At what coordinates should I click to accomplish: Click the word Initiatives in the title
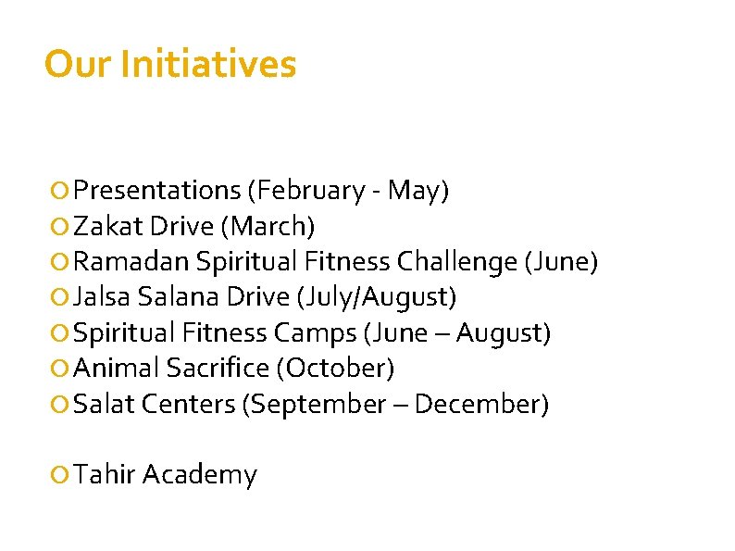[x=208, y=65]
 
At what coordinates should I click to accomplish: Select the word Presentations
[x=157, y=191]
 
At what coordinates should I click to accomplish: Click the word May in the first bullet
[x=416, y=191]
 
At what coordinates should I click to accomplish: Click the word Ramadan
[x=131, y=262]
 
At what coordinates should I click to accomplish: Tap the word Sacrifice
[x=217, y=368]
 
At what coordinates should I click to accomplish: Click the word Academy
[x=200, y=475]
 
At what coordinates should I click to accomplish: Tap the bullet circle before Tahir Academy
[x=60, y=476]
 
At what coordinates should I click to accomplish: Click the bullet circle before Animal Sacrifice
[x=60, y=369]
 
